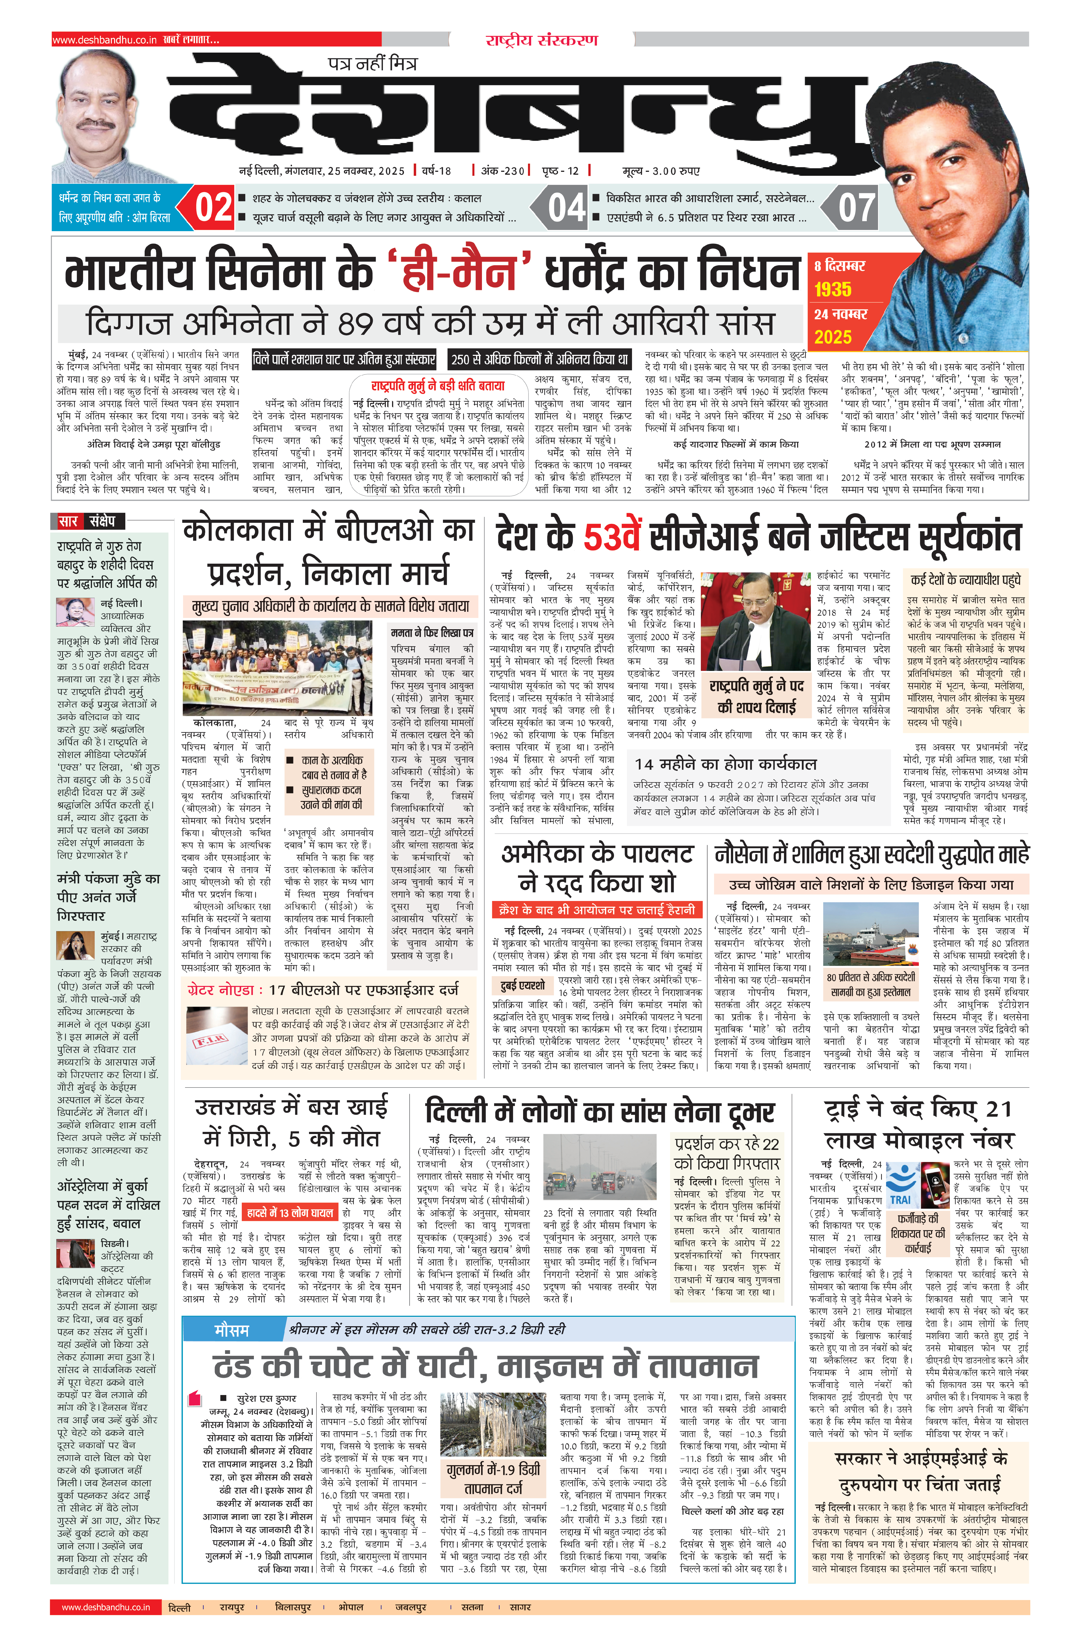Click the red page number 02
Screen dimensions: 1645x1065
tap(213, 207)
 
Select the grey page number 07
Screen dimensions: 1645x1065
tap(856, 207)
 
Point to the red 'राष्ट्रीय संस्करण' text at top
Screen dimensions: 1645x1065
tap(541, 40)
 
